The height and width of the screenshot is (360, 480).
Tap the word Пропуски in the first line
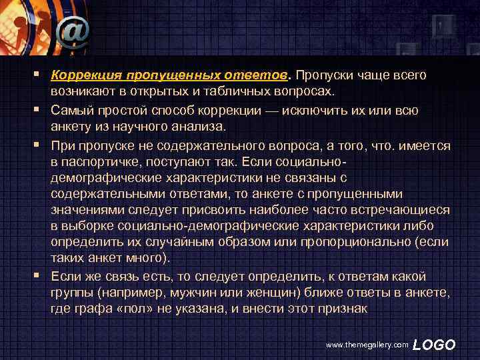click(322, 75)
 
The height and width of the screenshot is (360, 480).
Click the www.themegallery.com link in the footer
click(365, 345)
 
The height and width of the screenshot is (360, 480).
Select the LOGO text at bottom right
click(435, 345)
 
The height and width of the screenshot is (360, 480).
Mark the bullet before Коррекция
click(41, 75)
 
